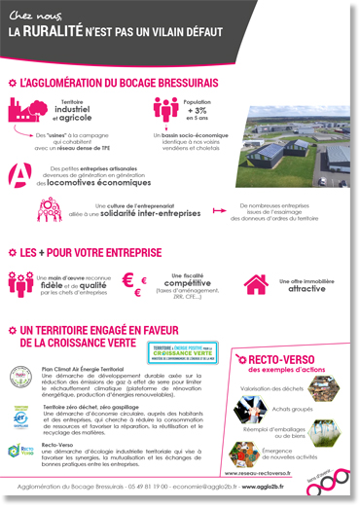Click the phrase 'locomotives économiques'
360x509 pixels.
click(91, 182)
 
